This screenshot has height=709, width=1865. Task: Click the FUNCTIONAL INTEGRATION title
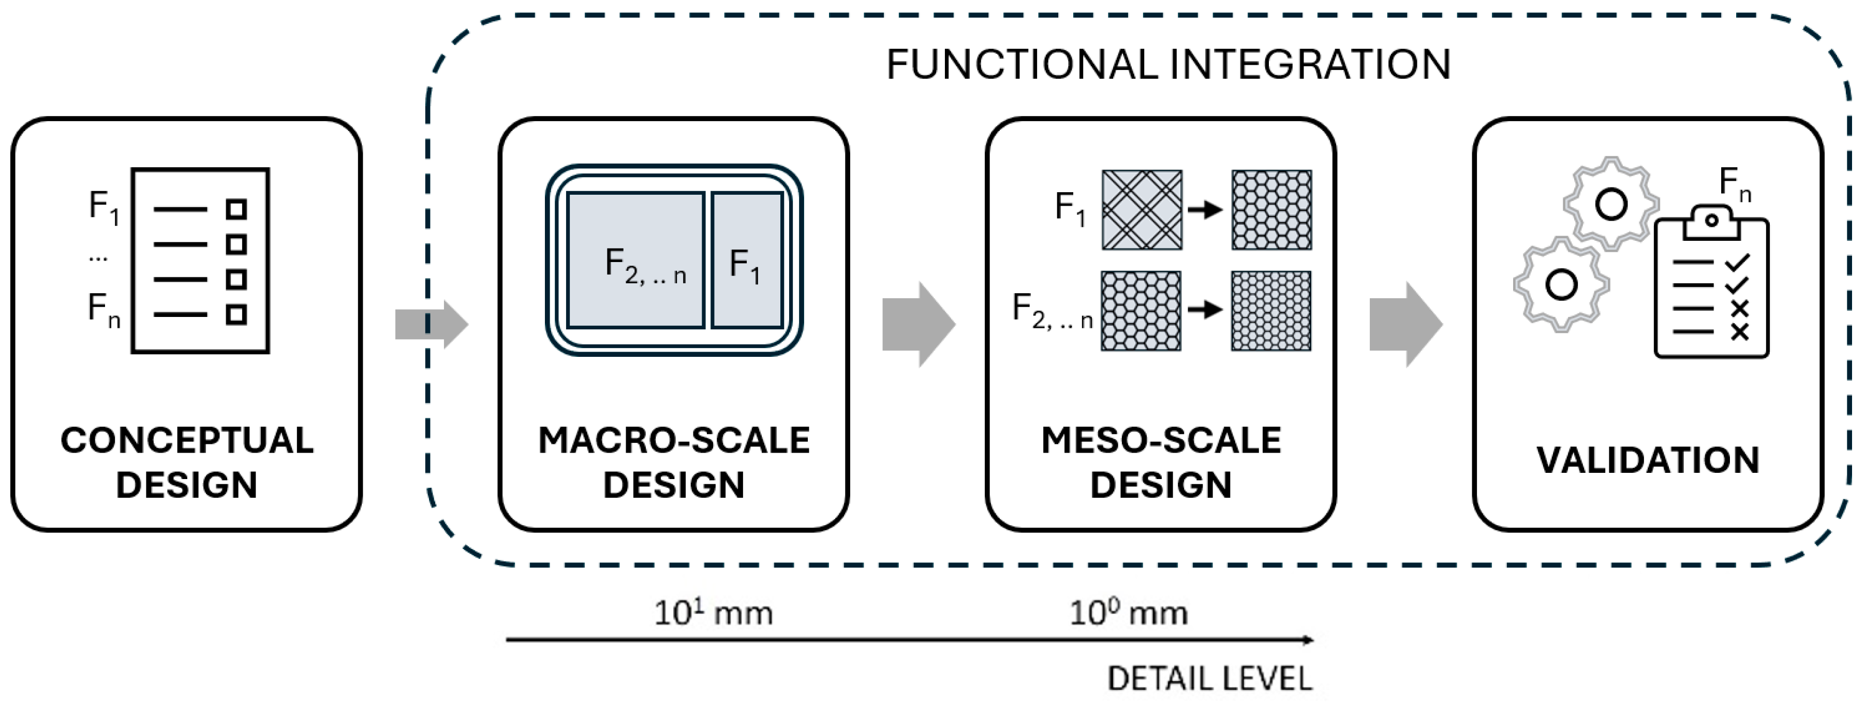coord(1168,64)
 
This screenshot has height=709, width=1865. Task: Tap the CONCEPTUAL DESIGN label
coord(187,462)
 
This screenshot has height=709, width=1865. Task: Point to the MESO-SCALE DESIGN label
coord(1161,462)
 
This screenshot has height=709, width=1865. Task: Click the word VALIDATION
coord(1648,460)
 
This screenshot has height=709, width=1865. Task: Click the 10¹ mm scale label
coord(713,613)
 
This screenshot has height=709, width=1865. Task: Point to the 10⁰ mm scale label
coord(1129,613)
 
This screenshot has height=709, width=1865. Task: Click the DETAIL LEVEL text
coord(1210,678)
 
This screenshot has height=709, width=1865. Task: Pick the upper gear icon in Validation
coord(1611,204)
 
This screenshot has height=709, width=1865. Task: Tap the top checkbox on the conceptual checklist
coord(236,209)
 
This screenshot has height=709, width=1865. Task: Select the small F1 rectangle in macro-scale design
coord(746,261)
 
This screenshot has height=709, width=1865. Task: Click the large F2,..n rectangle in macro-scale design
coord(635,261)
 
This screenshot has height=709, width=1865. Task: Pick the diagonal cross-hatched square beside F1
coord(1142,210)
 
